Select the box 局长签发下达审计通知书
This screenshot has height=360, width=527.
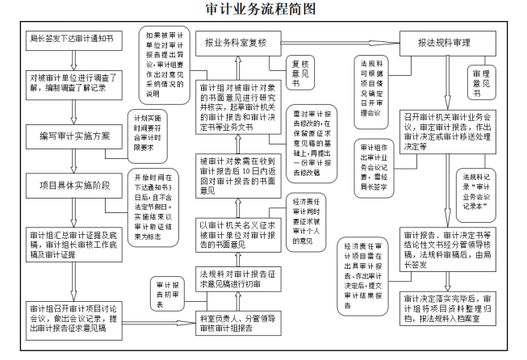70,39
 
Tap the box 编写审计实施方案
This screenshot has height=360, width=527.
70,136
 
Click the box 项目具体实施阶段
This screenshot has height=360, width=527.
70,185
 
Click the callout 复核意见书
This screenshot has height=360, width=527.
299,73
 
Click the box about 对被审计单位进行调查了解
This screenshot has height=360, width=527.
70,86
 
